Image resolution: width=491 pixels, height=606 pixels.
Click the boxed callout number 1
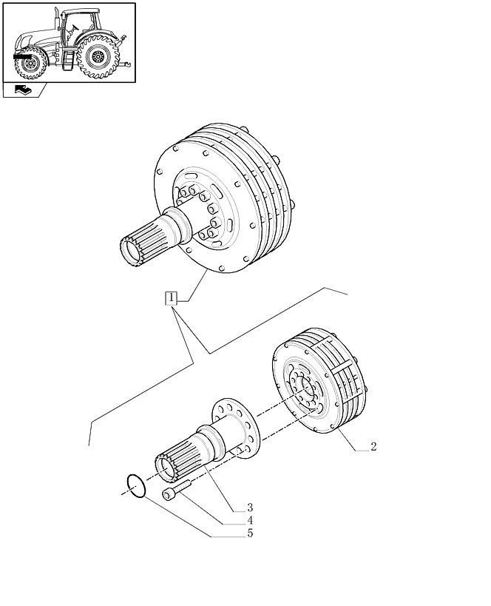coord(171,298)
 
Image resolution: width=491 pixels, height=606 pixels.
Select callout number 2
coord(373,446)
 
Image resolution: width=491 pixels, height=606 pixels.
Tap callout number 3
coord(250,508)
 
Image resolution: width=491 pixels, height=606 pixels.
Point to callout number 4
coord(250,520)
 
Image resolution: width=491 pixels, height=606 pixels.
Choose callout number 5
coord(250,533)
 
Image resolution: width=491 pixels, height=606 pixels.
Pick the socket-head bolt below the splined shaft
coord(177,490)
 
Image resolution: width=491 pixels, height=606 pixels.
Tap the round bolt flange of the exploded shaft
coord(236,428)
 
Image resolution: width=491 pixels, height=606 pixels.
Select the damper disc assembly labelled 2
coord(319,380)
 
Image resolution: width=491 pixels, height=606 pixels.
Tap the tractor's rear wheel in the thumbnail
coord(98,56)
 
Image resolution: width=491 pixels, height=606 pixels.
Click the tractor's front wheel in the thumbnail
coord(30,64)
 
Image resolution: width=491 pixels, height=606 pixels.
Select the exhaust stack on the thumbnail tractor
coord(57,18)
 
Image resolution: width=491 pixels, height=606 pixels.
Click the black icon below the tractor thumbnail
coord(23,90)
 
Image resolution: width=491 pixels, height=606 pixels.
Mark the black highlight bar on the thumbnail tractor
coord(22,56)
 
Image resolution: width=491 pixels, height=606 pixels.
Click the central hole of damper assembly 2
coord(308,388)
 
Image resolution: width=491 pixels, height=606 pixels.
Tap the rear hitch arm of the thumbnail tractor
coord(124,64)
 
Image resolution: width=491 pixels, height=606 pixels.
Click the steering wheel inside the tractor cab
coord(74,27)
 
